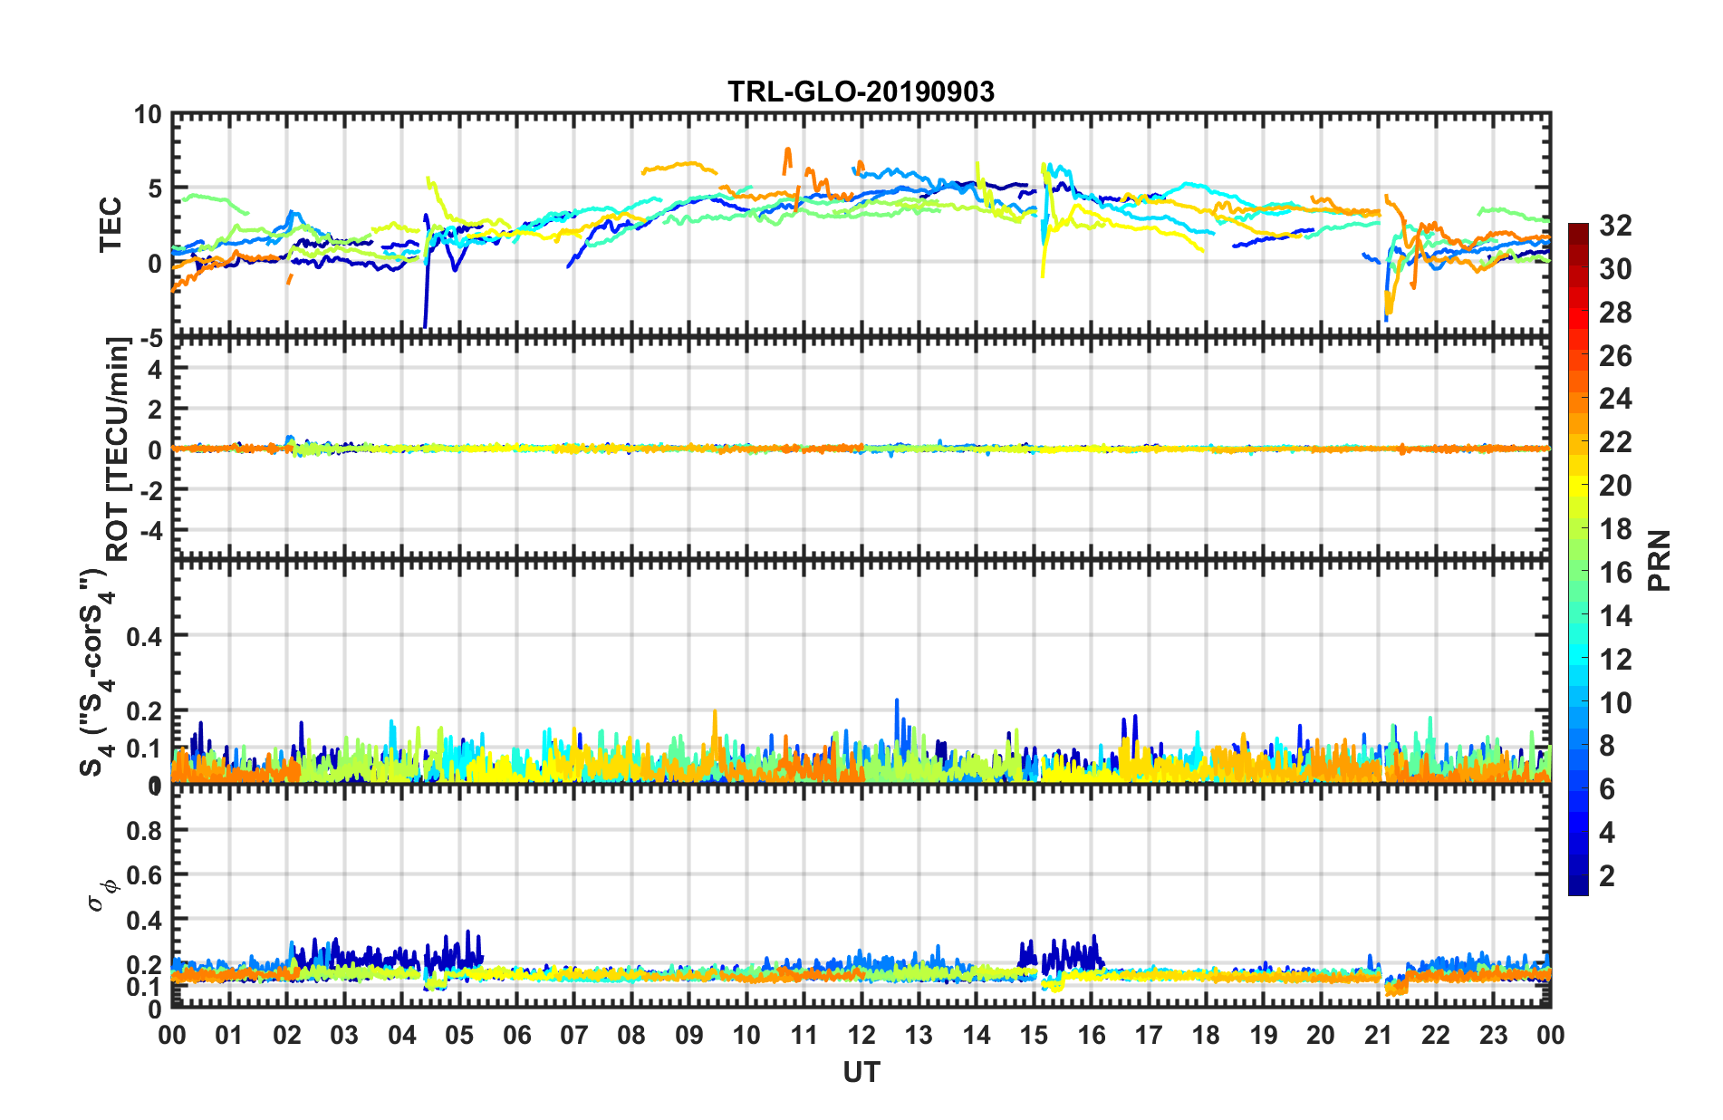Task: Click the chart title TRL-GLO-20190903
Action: [861, 92]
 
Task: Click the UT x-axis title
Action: [861, 1073]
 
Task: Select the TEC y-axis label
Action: [111, 225]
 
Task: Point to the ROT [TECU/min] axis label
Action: [118, 449]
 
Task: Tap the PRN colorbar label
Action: [1660, 560]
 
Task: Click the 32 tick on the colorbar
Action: [1615, 226]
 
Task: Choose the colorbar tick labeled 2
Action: [1607, 876]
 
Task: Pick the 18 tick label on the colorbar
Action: [1615, 529]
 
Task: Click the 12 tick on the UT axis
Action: [861, 1035]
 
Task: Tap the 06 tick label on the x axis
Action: [516, 1035]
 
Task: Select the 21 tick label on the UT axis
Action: [1378, 1035]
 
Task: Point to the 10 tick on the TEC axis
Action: [148, 115]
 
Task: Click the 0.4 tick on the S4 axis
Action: [144, 636]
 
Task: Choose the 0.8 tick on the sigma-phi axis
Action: [144, 831]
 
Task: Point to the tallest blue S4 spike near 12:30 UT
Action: [897, 700]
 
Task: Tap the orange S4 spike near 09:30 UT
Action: [715, 712]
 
